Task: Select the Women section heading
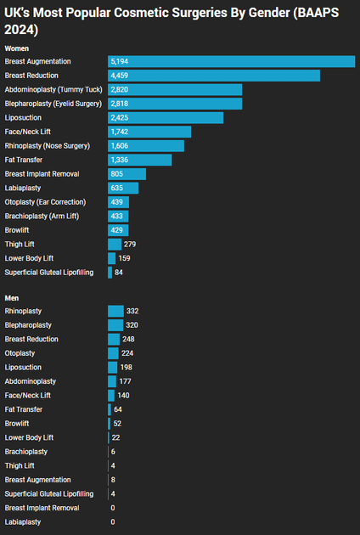point(17,48)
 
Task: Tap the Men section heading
point(12,297)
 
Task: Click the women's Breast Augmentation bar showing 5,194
point(231,62)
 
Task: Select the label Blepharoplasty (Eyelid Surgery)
point(53,104)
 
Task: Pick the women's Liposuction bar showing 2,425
point(166,117)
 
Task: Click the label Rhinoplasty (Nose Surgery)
point(49,145)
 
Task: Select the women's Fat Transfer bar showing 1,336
point(140,160)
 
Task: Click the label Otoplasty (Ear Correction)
point(45,202)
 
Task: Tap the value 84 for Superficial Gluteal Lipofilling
point(120,272)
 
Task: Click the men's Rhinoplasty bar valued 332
point(115,312)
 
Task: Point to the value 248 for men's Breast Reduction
point(129,339)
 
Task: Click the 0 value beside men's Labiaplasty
point(113,521)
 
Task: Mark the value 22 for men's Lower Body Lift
point(116,437)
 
